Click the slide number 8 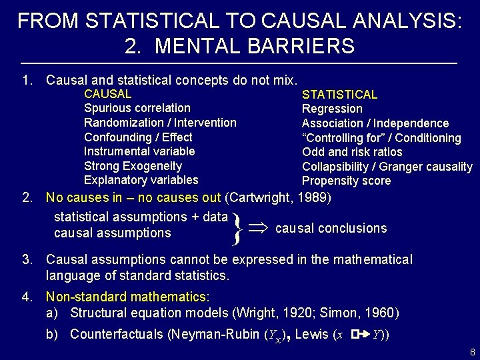point(471,351)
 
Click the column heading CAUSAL point(107,94)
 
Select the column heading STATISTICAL point(339,95)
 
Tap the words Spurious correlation point(137,108)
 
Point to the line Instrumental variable point(139,151)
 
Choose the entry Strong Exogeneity point(133,166)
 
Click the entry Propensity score point(346,181)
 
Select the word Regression point(332,109)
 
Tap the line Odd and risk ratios point(352,152)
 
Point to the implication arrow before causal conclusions point(259,227)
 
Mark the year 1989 point(313,198)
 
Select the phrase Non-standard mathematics point(126,297)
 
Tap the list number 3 point(27,259)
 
